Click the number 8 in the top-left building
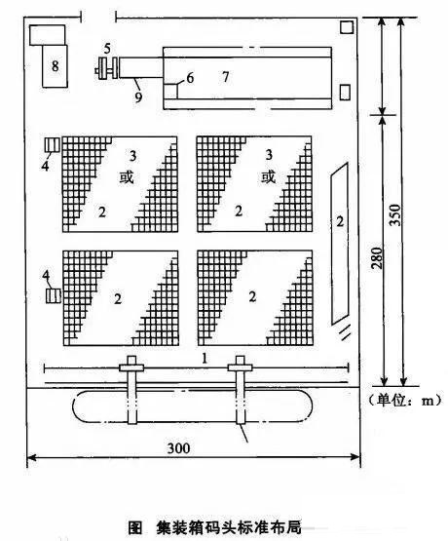tap(56, 65)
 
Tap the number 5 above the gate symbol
tap(107, 49)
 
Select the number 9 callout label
tap(138, 97)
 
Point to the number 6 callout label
tap(190, 78)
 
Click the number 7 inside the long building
tap(226, 77)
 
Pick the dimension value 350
tap(396, 214)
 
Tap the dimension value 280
tap(377, 257)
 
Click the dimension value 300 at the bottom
tap(179, 447)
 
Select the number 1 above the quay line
tap(205, 359)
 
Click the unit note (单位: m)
tap(404, 400)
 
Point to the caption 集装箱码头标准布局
tap(229, 526)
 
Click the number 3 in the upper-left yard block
tap(132, 156)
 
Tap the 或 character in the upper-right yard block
tap(269, 177)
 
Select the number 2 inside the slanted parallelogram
tap(340, 221)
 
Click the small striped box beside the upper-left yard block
tap(53, 144)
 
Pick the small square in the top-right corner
tap(347, 27)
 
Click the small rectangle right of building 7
tap(345, 93)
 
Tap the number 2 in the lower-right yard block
tap(252, 296)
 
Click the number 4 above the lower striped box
tap(46, 276)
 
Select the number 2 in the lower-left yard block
tap(118, 298)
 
